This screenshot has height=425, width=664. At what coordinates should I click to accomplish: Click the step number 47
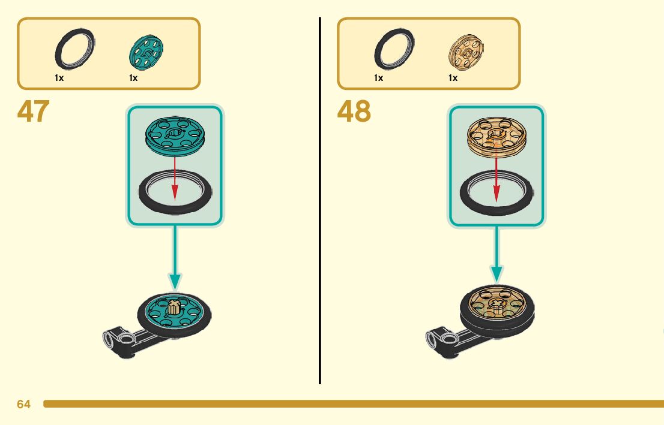click(33, 111)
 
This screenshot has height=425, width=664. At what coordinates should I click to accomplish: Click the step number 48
click(354, 111)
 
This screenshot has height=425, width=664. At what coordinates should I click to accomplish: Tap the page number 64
click(23, 405)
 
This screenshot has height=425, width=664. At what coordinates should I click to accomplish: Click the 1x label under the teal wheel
click(133, 78)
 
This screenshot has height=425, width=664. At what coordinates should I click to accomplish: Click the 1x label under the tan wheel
click(453, 78)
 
